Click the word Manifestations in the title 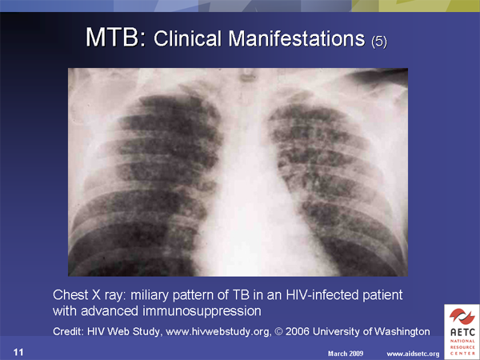(x=297, y=39)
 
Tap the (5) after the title (x=379, y=42)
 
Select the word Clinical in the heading (x=187, y=39)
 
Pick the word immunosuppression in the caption (x=202, y=312)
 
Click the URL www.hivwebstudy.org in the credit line (x=218, y=331)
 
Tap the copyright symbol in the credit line (x=278, y=331)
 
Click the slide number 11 (x=18, y=352)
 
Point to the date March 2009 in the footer (x=346, y=354)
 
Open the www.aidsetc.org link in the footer (x=413, y=354)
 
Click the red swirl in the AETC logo (x=462, y=317)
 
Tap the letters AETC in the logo (x=462, y=333)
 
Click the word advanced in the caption (x=110, y=311)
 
